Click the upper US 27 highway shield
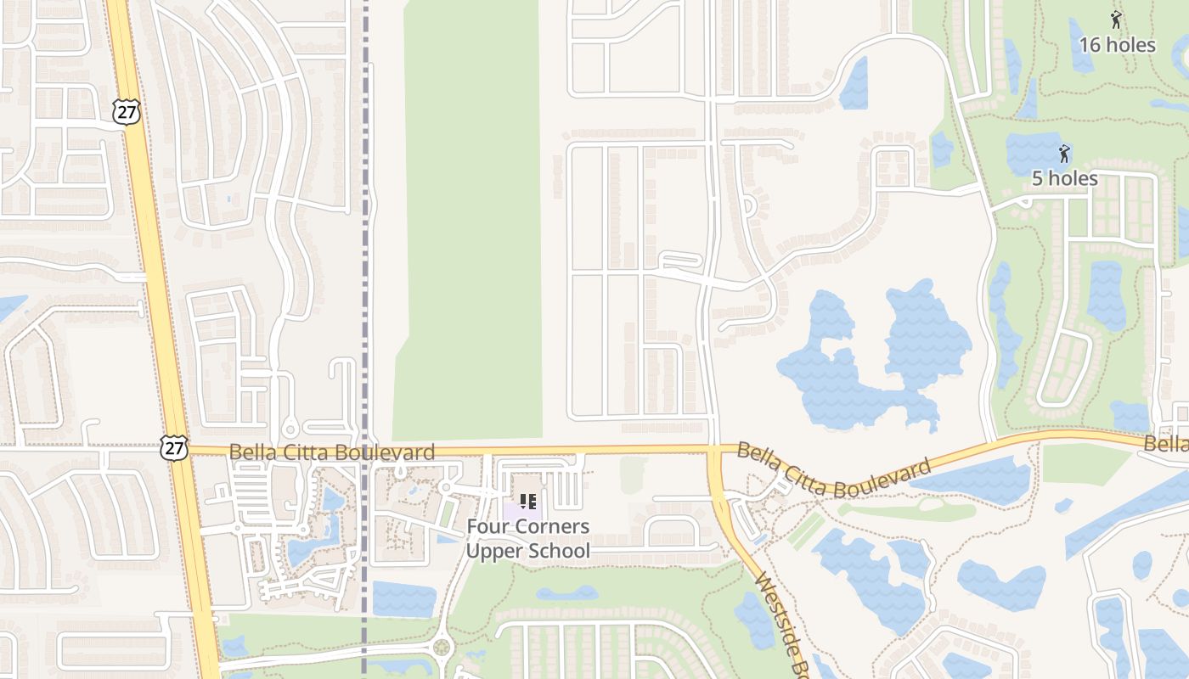click(x=125, y=111)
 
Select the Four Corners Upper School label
click(x=527, y=538)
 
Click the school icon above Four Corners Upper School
click(x=527, y=502)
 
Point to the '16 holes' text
click(x=1117, y=45)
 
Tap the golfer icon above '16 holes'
click(x=1116, y=20)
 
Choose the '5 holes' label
click(x=1064, y=178)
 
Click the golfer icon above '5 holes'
click(x=1063, y=154)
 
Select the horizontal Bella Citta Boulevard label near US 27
click(x=331, y=452)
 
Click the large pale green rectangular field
click(x=471, y=212)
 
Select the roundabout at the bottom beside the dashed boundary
click(x=441, y=648)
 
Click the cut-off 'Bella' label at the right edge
click(x=1165, y=444)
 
